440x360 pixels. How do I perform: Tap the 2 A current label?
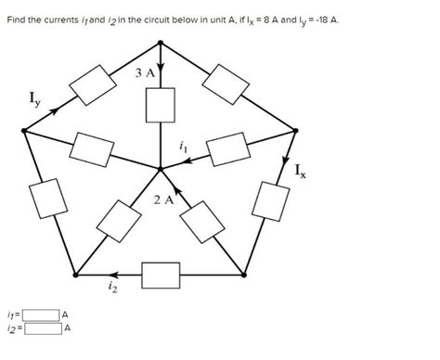162,199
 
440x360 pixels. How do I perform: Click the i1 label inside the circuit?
184,144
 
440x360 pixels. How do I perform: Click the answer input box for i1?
42,315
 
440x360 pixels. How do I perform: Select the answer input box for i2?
42,328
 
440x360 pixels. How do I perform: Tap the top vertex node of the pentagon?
162,42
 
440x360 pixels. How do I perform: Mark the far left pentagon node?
23,131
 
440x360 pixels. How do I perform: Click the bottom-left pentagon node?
75,275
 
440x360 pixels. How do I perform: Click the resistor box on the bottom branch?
160,275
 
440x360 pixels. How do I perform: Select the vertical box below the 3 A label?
161,104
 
